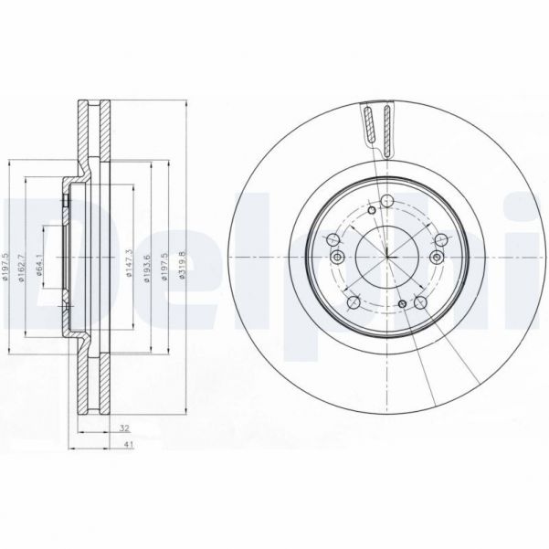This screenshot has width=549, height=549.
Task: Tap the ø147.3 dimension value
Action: point(132,262)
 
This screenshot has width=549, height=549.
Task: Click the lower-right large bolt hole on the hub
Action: point(420,303)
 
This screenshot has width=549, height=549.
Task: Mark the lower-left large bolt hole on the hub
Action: point(352,303)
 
